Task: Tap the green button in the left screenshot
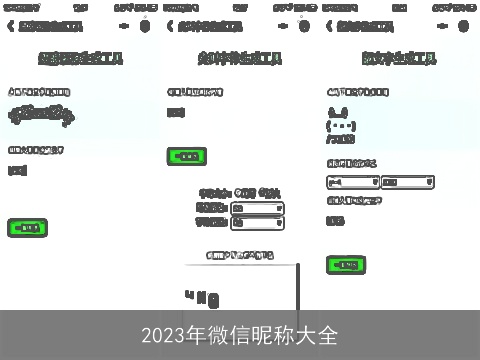coord(27,227)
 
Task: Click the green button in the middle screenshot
coord(186,156)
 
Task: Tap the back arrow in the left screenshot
coord(10,26)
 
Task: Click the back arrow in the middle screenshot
coord(170,26)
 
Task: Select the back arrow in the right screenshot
coord(330,26)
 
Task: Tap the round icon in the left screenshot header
coord(145,26)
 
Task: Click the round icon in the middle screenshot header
coord(304,26)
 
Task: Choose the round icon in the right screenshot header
coord(465,26)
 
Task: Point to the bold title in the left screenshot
coord(80,59)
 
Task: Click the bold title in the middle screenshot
coord(239,59)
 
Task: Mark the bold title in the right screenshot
coord(399,59)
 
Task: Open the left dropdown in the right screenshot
coord(353,182)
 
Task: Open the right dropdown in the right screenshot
coord(407,182)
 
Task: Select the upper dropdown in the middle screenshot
coord(257,208)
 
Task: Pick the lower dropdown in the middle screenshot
coord(257,223)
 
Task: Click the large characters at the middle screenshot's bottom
coord(202,298)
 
